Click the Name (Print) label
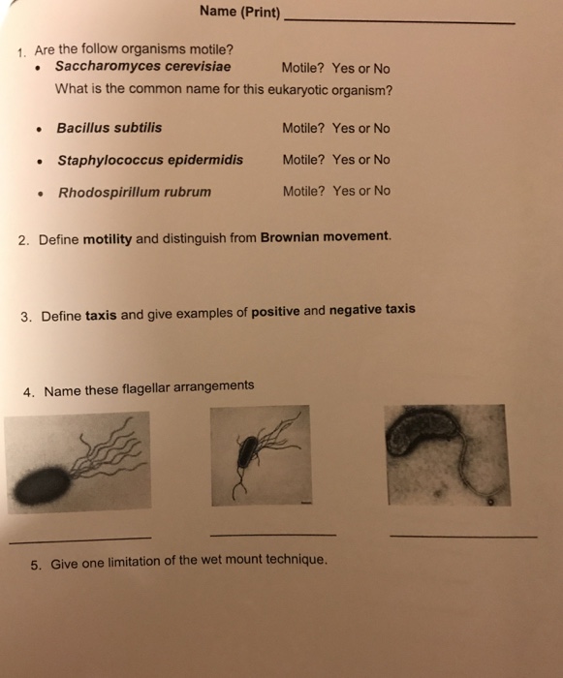[x=239, y=13]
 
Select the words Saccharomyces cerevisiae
[x=142, y=68]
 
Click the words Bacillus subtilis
[x=109, y=128]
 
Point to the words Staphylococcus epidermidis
[x=150, y=160]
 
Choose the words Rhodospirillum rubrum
[x=135, y=192]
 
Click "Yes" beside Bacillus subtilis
[x=343, y=128]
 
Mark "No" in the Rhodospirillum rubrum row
[x=381, y=191]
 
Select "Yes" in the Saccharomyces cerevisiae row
[x=342, y=69]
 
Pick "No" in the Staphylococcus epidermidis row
[x=381, y=160]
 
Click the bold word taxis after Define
[x=102, y=315]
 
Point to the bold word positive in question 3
[x=275, y=311]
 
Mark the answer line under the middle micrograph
[x=272, y=534]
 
